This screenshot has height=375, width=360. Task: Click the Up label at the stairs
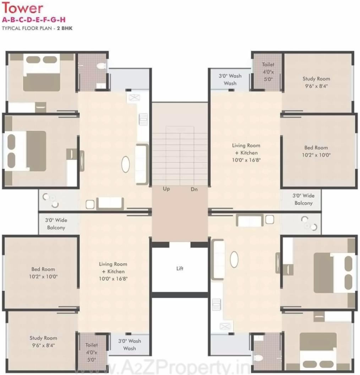tap(166, 189)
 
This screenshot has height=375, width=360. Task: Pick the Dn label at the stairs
tap(194, 189)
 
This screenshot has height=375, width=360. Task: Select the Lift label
tap(180, 268)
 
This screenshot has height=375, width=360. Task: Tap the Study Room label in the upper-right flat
tap(316, 79)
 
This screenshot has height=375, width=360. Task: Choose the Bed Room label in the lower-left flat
tap(43, 269)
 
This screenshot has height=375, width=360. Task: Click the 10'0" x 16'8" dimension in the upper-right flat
tap(246, 160)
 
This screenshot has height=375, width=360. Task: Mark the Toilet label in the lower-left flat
tap(91, 345)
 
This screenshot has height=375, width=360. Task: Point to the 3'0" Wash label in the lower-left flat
tap(129, 341)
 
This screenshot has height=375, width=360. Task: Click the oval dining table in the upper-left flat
tap(126, 164)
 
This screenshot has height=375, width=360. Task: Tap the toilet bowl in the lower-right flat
tap(258, 357)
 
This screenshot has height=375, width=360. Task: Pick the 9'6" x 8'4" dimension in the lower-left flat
tap(43, 345)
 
